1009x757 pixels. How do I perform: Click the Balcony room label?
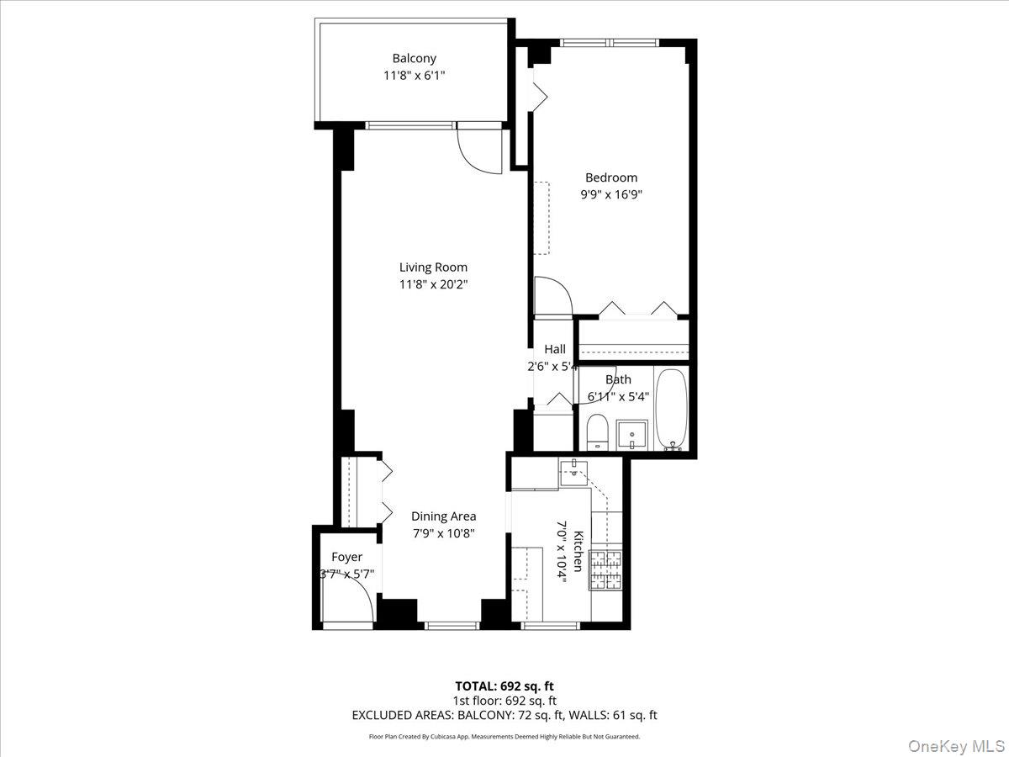414,59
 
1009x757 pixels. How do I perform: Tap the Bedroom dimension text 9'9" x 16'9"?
611,194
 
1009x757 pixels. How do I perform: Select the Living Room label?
433,267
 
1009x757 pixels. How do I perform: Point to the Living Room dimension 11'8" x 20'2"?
433,284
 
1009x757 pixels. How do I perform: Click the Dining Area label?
444,516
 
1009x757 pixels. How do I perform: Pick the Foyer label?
346,557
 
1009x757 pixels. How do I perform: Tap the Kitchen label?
578,552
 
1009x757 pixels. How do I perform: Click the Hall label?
555,349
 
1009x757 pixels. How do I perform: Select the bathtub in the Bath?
671,410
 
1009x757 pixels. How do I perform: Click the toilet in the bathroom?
598,432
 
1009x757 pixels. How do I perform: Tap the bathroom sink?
632,434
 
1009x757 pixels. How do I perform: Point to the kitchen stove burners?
606,570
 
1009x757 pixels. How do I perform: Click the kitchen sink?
573,472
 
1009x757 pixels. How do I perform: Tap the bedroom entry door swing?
553,296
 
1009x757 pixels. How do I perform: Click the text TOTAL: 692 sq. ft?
504,686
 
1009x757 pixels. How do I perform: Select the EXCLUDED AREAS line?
504,715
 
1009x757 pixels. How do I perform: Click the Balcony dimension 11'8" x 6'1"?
415,76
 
